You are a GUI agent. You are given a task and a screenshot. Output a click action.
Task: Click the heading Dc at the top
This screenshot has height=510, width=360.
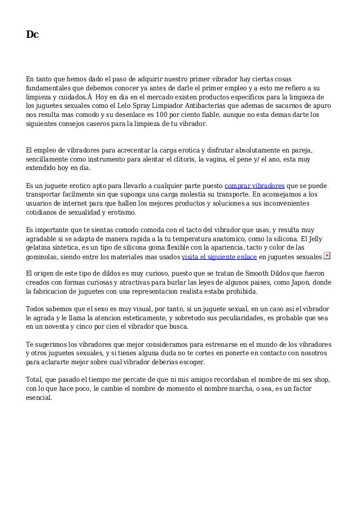(x=32, y=35)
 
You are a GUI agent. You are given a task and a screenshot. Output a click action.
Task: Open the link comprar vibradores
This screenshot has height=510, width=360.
(x=254, y=186)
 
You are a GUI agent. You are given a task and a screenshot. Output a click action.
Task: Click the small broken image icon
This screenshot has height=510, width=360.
(x=327, y=255)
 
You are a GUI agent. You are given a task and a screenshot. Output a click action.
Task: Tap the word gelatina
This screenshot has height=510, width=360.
(x=42, y=248)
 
